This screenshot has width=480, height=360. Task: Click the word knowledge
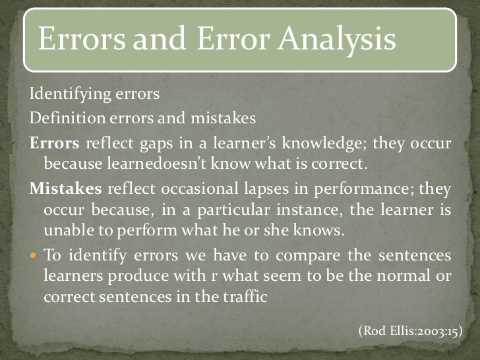coord(320,144)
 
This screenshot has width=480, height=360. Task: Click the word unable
coord(65,231)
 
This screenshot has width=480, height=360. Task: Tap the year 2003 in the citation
coord(425,330)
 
